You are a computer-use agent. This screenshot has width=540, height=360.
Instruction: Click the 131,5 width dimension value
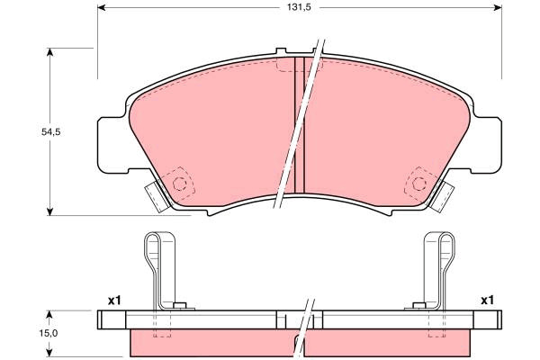click(x=300, y=7)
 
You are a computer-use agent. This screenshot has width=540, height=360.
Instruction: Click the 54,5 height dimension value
click(x=50, y=131)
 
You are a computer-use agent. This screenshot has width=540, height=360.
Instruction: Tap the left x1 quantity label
click(x=114, y=301)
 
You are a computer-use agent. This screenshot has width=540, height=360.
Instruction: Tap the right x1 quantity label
click(x=487, y=301)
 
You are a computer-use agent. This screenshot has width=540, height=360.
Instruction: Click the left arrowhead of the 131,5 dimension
click(x=102, y=7)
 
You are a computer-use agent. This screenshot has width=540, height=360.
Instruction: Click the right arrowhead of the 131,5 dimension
click(x=498, y=7)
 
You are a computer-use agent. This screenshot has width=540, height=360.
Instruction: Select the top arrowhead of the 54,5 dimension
click(x=49, y=52)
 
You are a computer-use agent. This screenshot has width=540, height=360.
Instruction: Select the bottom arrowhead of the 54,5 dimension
click(x=49, y=211)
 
